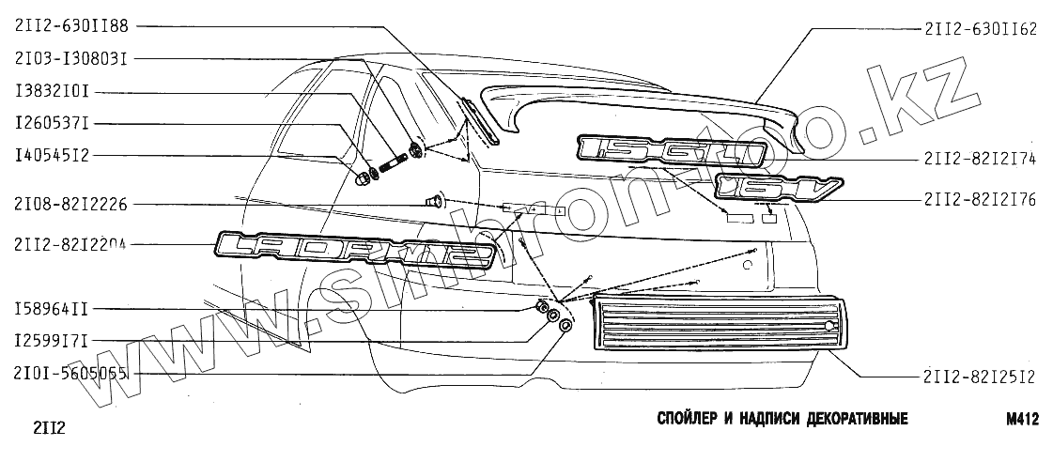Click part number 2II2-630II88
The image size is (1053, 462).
click(x=72, y=26)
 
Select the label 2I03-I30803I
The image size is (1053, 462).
click(x=72, y=58)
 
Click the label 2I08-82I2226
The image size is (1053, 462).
click(x=72, y=202)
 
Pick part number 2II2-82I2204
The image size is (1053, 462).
click(x=72, y=245)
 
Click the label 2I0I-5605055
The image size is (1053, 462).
click(x=72, y=373)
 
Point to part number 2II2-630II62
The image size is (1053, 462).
click(x=980, y=29)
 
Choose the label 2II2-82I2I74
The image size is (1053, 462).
click(x=980, y=159)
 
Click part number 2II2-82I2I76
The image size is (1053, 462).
click(x=980, y=199)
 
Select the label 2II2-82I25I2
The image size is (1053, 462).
click(x=980, y=377)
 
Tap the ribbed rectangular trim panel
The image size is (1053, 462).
click(x=714, y=325)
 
